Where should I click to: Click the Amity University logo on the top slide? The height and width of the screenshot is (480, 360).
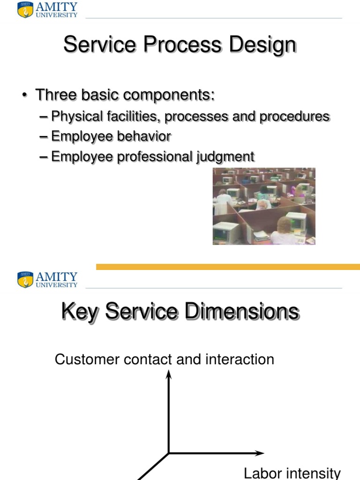47,10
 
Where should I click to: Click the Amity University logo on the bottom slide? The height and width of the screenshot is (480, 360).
47,279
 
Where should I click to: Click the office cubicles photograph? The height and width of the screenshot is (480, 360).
264,206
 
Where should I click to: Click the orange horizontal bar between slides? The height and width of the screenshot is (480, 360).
228,267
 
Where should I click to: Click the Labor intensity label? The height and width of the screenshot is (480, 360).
292,473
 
